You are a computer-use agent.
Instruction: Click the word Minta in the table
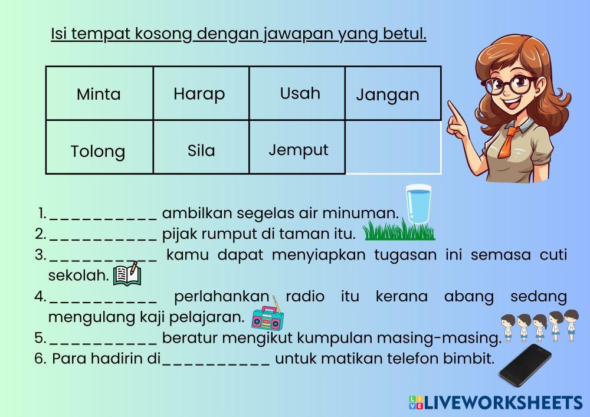[x=99, y=94]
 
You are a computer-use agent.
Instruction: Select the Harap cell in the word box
[x=201, y=94]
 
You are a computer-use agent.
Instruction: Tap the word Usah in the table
[x=300, y=93]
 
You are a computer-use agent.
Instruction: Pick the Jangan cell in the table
[x=393, y=94]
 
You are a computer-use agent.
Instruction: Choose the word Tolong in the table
[x=98, y=152]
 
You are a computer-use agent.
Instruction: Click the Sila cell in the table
[x=201, y=147]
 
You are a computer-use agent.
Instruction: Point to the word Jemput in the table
[x=299, y=150]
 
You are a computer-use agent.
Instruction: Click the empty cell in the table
[x=393, y=147]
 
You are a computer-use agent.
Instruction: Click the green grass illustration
[x=399, y=230]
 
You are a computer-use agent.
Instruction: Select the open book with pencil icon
[x=127, y=274]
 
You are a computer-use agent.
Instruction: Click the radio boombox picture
[x=267, y=314]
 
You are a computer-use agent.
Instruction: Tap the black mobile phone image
[x=525, y=365]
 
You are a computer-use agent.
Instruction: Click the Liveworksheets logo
[x=496, y=402]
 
